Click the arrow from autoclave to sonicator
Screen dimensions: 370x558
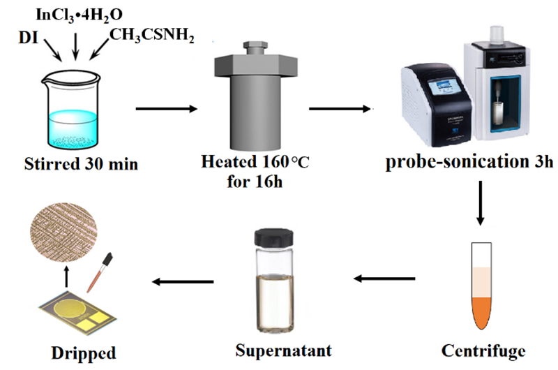(x=339, y=109)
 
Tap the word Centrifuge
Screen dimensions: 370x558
(x=483, y=349)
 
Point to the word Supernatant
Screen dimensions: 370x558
(x=273, y=349)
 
